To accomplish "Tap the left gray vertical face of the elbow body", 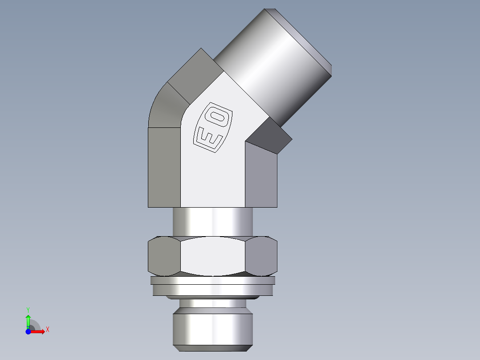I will (164, 167).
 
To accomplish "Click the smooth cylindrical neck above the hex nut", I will (213, 221).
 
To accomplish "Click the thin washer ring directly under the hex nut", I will (213, 281).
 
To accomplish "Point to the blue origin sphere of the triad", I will (28, 332).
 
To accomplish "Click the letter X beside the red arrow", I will (47, 330).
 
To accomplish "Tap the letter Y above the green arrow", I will (28, 309).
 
